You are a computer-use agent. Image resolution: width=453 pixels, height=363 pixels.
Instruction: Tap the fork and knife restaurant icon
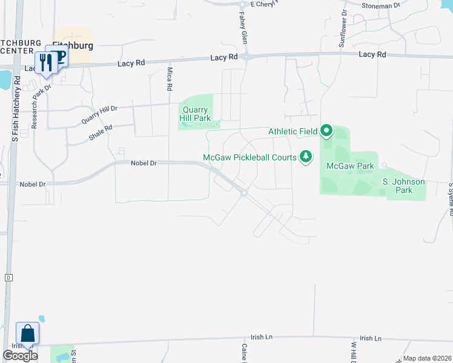[46, 62]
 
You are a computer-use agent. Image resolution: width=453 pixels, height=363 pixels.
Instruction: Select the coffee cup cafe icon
[59, 56]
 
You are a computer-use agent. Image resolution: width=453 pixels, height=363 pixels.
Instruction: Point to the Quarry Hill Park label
[195, 114]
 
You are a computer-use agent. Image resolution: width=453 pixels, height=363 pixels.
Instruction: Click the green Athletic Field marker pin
[326, 130]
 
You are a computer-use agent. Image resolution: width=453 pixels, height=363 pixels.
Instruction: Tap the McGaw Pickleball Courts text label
[250, 157]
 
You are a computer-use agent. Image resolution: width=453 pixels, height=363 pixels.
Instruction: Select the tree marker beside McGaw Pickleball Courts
[306, 157]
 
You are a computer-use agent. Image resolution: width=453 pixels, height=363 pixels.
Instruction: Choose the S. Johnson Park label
[403, 186]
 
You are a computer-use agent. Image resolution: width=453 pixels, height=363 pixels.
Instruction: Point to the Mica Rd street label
[170, 79]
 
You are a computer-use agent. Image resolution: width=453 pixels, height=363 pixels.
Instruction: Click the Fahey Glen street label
[242, 25]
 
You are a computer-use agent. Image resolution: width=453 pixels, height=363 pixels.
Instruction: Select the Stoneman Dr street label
[381, 5]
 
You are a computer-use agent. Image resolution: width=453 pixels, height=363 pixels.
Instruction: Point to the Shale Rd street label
[101, 132]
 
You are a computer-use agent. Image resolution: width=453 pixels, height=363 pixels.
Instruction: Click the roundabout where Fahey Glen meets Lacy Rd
[247, 57]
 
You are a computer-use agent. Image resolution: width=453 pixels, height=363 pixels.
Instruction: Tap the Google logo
[21, 356]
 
